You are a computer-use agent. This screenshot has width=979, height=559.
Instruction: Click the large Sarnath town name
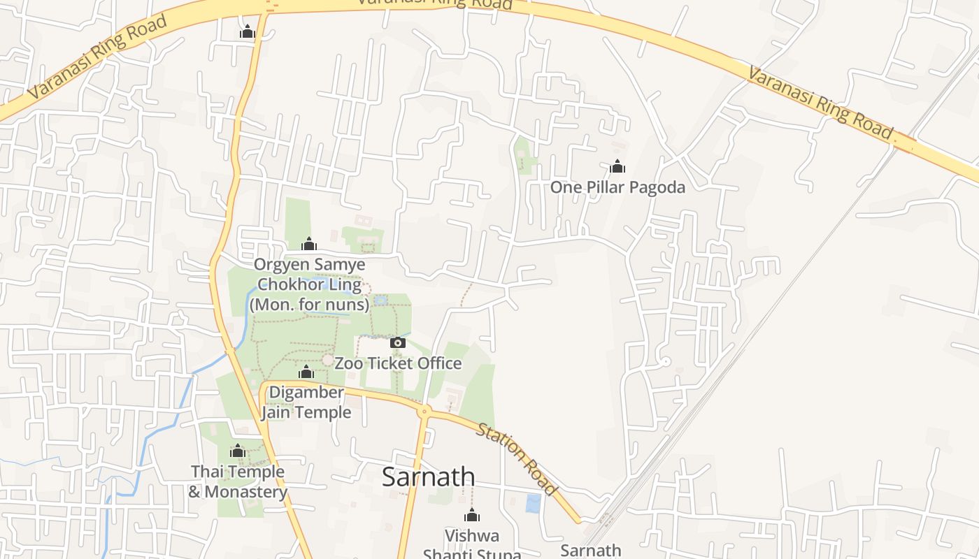click(428, 477)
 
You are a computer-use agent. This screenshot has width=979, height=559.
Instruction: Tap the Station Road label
click(517, 458)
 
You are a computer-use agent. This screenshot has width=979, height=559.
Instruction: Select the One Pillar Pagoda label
click(617, 187)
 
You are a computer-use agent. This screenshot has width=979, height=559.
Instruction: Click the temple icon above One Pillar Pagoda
click(617, 166)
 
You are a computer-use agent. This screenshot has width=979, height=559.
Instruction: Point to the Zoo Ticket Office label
click(398, 363)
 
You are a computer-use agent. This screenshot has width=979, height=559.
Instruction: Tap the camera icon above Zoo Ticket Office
click(397, 342)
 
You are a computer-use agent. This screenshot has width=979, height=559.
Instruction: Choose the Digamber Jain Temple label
click(306, 402)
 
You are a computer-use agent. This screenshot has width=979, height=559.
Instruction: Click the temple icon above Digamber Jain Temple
click(306, 372)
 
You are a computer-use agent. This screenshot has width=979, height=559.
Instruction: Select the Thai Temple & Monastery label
click(238, 481)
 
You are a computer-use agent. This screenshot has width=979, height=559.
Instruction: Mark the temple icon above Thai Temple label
click(238, 451)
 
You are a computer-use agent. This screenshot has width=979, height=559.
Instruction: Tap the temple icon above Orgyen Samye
click(308, 244)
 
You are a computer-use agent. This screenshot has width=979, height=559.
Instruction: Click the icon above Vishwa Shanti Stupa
click(472, 516)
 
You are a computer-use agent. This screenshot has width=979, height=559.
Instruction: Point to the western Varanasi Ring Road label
click(98, 56)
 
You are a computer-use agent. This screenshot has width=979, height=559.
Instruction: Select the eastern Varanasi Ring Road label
click(820, 103)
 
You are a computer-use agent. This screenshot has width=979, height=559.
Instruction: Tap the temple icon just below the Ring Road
click(247, 32)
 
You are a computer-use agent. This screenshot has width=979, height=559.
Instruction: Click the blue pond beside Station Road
click(533, 503)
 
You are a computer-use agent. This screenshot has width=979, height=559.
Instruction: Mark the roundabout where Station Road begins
click(424, 411)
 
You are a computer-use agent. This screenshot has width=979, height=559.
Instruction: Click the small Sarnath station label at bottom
click(591, 550)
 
